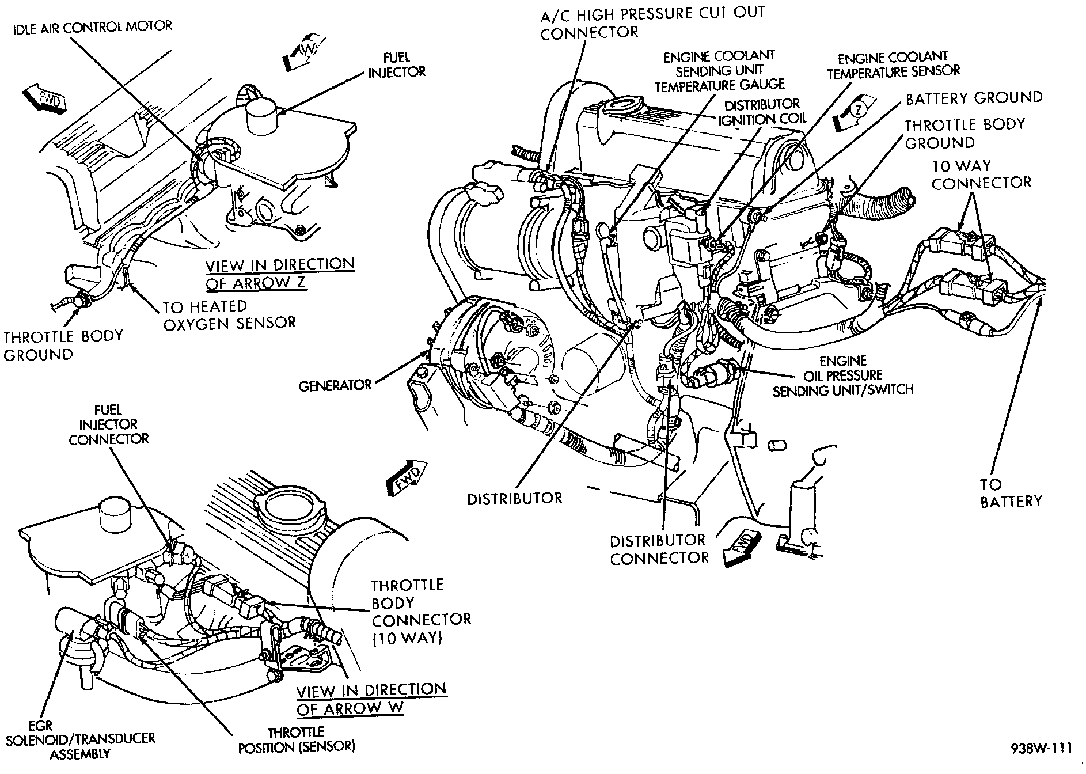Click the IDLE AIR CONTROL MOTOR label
pyautogui.click(x=92, y=27)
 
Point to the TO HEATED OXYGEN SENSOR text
pyautogui.click(x=229, y=314)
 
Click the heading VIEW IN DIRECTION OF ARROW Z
pyautogui.click(x=280, y=274)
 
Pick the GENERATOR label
pyautogui.click(x=335, y=385)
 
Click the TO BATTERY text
pyautogui.click(x=1011, y=493)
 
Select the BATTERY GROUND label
pyautogui.click(x=974, y=98)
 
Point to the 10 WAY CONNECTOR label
pyautogui.click(x=981, y=174)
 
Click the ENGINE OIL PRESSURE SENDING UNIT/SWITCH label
pyautogui.click(x=843, y=375)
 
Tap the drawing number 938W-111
pyautogui.click(x=1042, y=748)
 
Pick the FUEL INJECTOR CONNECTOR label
pyautogui.click(x=109, y=424)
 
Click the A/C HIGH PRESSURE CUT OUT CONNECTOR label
pyautogui.click(x=652, y=22)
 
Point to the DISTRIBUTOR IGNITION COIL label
pyautogui.click(x=761, y=112)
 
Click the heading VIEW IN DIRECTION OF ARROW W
pyautogui.click(x=371, y=699)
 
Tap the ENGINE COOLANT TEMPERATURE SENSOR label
pyautogui.click(x=893, y=64)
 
